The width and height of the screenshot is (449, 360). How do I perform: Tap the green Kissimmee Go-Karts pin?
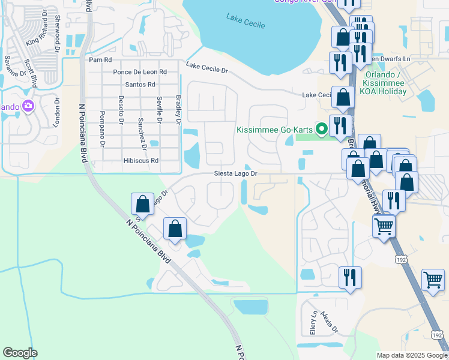coord(321,129)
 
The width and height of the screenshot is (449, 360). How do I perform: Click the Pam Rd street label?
coord(100,60)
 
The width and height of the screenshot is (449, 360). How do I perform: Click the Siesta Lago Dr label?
coord(237,174)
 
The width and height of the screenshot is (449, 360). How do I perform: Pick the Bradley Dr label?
coord(178,109)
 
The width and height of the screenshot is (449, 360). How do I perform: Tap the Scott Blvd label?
coord(31,73)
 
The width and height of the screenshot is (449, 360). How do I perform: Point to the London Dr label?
coord(58,109)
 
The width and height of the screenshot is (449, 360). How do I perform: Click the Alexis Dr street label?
coord(330,322)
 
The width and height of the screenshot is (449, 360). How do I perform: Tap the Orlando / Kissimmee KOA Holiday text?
coord(385,83)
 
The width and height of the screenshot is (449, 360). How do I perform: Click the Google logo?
coord(20,353)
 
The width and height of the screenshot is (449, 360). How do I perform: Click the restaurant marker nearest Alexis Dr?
coord(349,278)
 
